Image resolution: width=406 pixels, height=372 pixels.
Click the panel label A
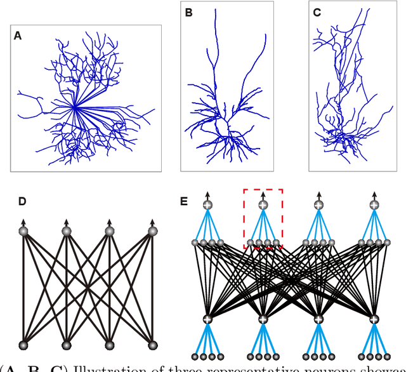(18, 36)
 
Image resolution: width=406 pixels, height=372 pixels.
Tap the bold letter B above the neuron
(188, 12)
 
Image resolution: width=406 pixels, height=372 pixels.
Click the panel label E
(184, 202)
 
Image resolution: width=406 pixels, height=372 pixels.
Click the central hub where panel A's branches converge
(75, 108)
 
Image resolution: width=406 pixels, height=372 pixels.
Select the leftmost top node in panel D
(23, 232)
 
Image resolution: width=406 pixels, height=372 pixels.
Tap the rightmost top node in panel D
(152, 232)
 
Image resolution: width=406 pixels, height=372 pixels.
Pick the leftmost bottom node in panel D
(23, 345)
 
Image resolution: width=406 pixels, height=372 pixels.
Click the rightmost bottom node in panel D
(152, 345)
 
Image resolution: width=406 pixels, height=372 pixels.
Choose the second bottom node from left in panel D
(67, 345)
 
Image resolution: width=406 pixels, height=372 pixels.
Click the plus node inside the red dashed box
(263, 204)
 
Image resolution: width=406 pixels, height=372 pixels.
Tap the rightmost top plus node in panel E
(374, 204)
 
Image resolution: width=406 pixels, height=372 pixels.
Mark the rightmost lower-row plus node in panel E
(374, 319)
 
